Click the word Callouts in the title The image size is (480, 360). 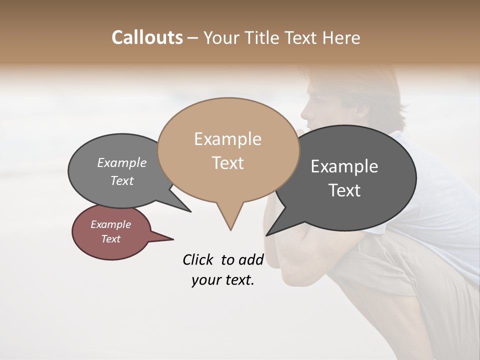pyautogui.click(x=147, y=37)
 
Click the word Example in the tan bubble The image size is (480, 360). pyautogui.click(x=227, y=139)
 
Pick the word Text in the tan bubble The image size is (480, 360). pyautogui.click(x=227, y=163)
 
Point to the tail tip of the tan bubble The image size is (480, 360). pyautogui.click(x=230, y=230)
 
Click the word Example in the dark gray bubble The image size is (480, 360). pyautogui.click(x=344, y=166)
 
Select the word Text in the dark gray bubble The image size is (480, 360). pyautogui.click(x=344, y=190)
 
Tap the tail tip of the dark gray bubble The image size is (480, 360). pyautogui.click(x=267, y=235)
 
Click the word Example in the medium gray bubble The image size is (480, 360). pyautogui.click(x=122, y=163)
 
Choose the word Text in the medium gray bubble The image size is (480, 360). pyautogui.click(x=122, y=181)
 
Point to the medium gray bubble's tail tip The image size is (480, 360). pyautogui.click(x=190, y=211)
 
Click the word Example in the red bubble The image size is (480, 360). pyautogui.click(x=110, y=224)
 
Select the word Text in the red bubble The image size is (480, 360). pyautogui.click(x=110, y=239)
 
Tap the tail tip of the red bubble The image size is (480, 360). pyautogui.click(x=173, y=239)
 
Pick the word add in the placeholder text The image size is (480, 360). pyautogui.click(x=251, y=259)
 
